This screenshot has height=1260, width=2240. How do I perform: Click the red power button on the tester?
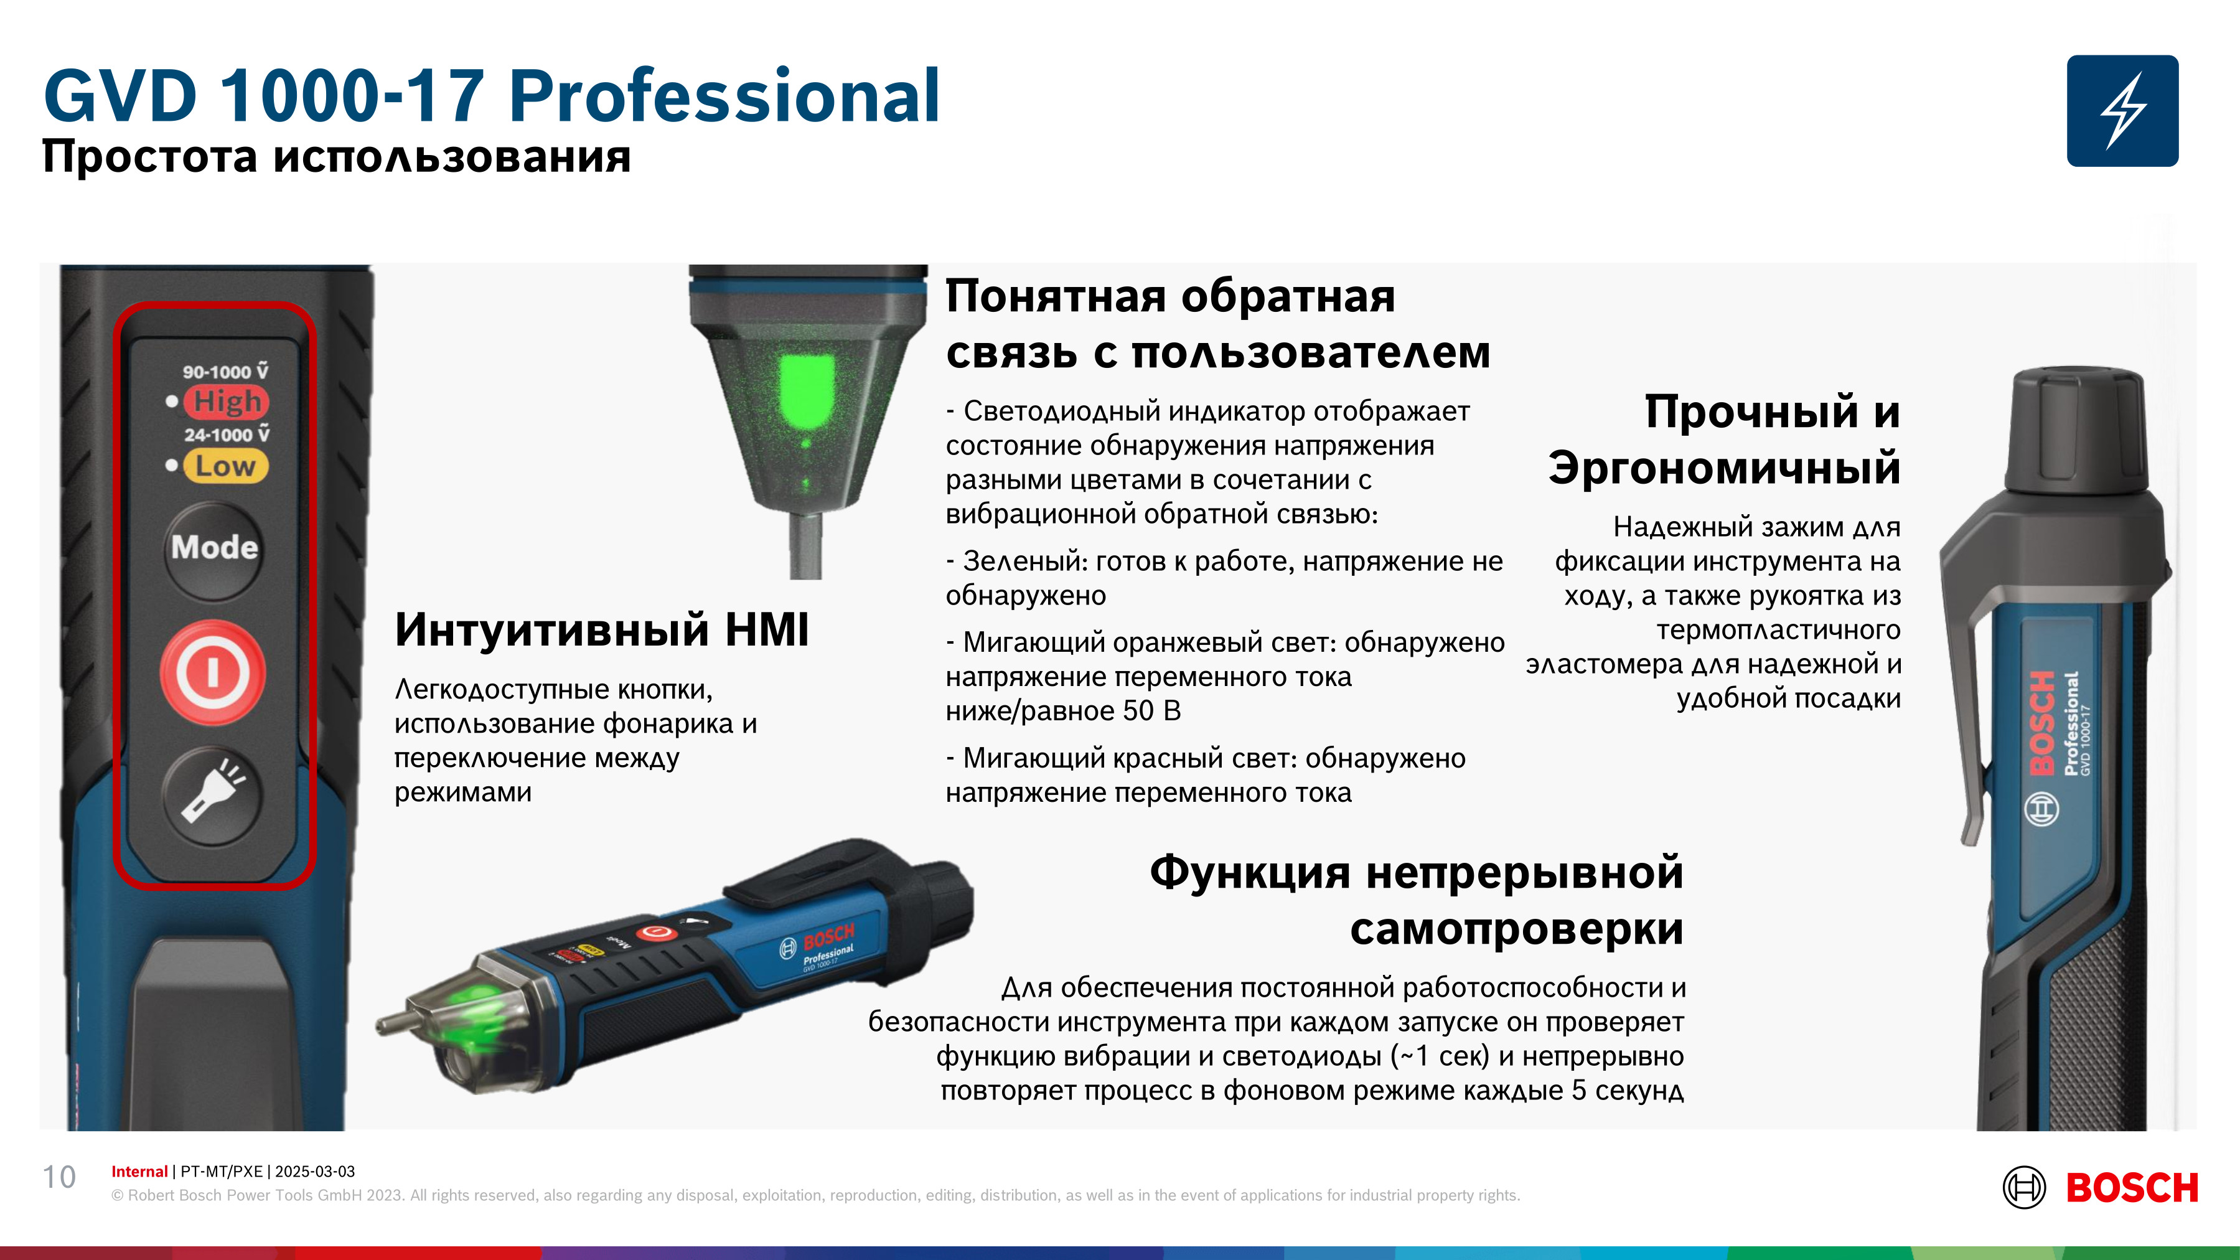click(x=213, y=672)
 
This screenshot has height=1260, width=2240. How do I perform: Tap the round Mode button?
click(x=214, y=548)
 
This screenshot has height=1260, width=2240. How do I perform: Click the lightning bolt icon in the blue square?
click(x=2122, y=110)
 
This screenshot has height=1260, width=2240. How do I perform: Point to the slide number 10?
click(x=59, y=1177)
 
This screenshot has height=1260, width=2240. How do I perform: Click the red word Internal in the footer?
click(x=139, y=1172)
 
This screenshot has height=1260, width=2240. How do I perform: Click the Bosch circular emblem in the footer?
click(x=2025, y=1188)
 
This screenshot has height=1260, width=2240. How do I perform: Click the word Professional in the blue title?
click(x=723, y=96)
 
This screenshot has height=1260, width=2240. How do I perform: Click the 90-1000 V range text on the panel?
click(x=225, y=371)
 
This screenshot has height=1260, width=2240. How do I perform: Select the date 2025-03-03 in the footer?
click(x=315, y=1172)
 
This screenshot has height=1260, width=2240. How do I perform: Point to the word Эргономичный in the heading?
click(x=1725, y=468)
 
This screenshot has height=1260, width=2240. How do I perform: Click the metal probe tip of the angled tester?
click(x=396, y=1022)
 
